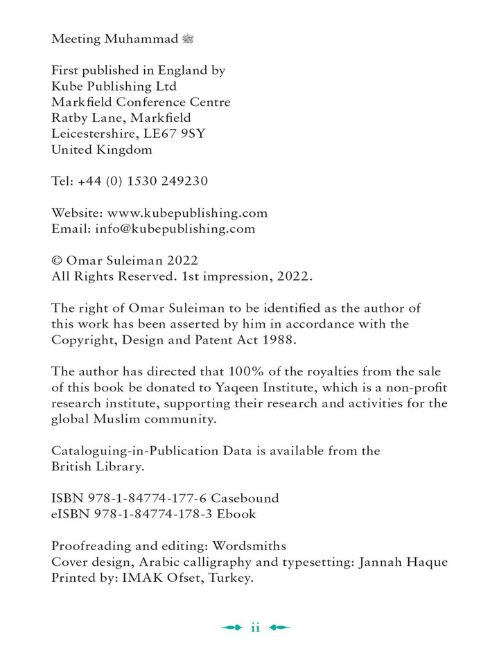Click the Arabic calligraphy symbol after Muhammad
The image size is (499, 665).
(187, 39)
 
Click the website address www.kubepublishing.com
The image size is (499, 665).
(187, 213)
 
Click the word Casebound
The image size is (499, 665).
(245, 498)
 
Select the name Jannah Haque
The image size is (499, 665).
(403, 562)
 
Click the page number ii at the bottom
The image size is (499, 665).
(255, 628)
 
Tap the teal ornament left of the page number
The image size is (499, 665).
(231, 628)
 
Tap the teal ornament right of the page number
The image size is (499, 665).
(279, 628)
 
